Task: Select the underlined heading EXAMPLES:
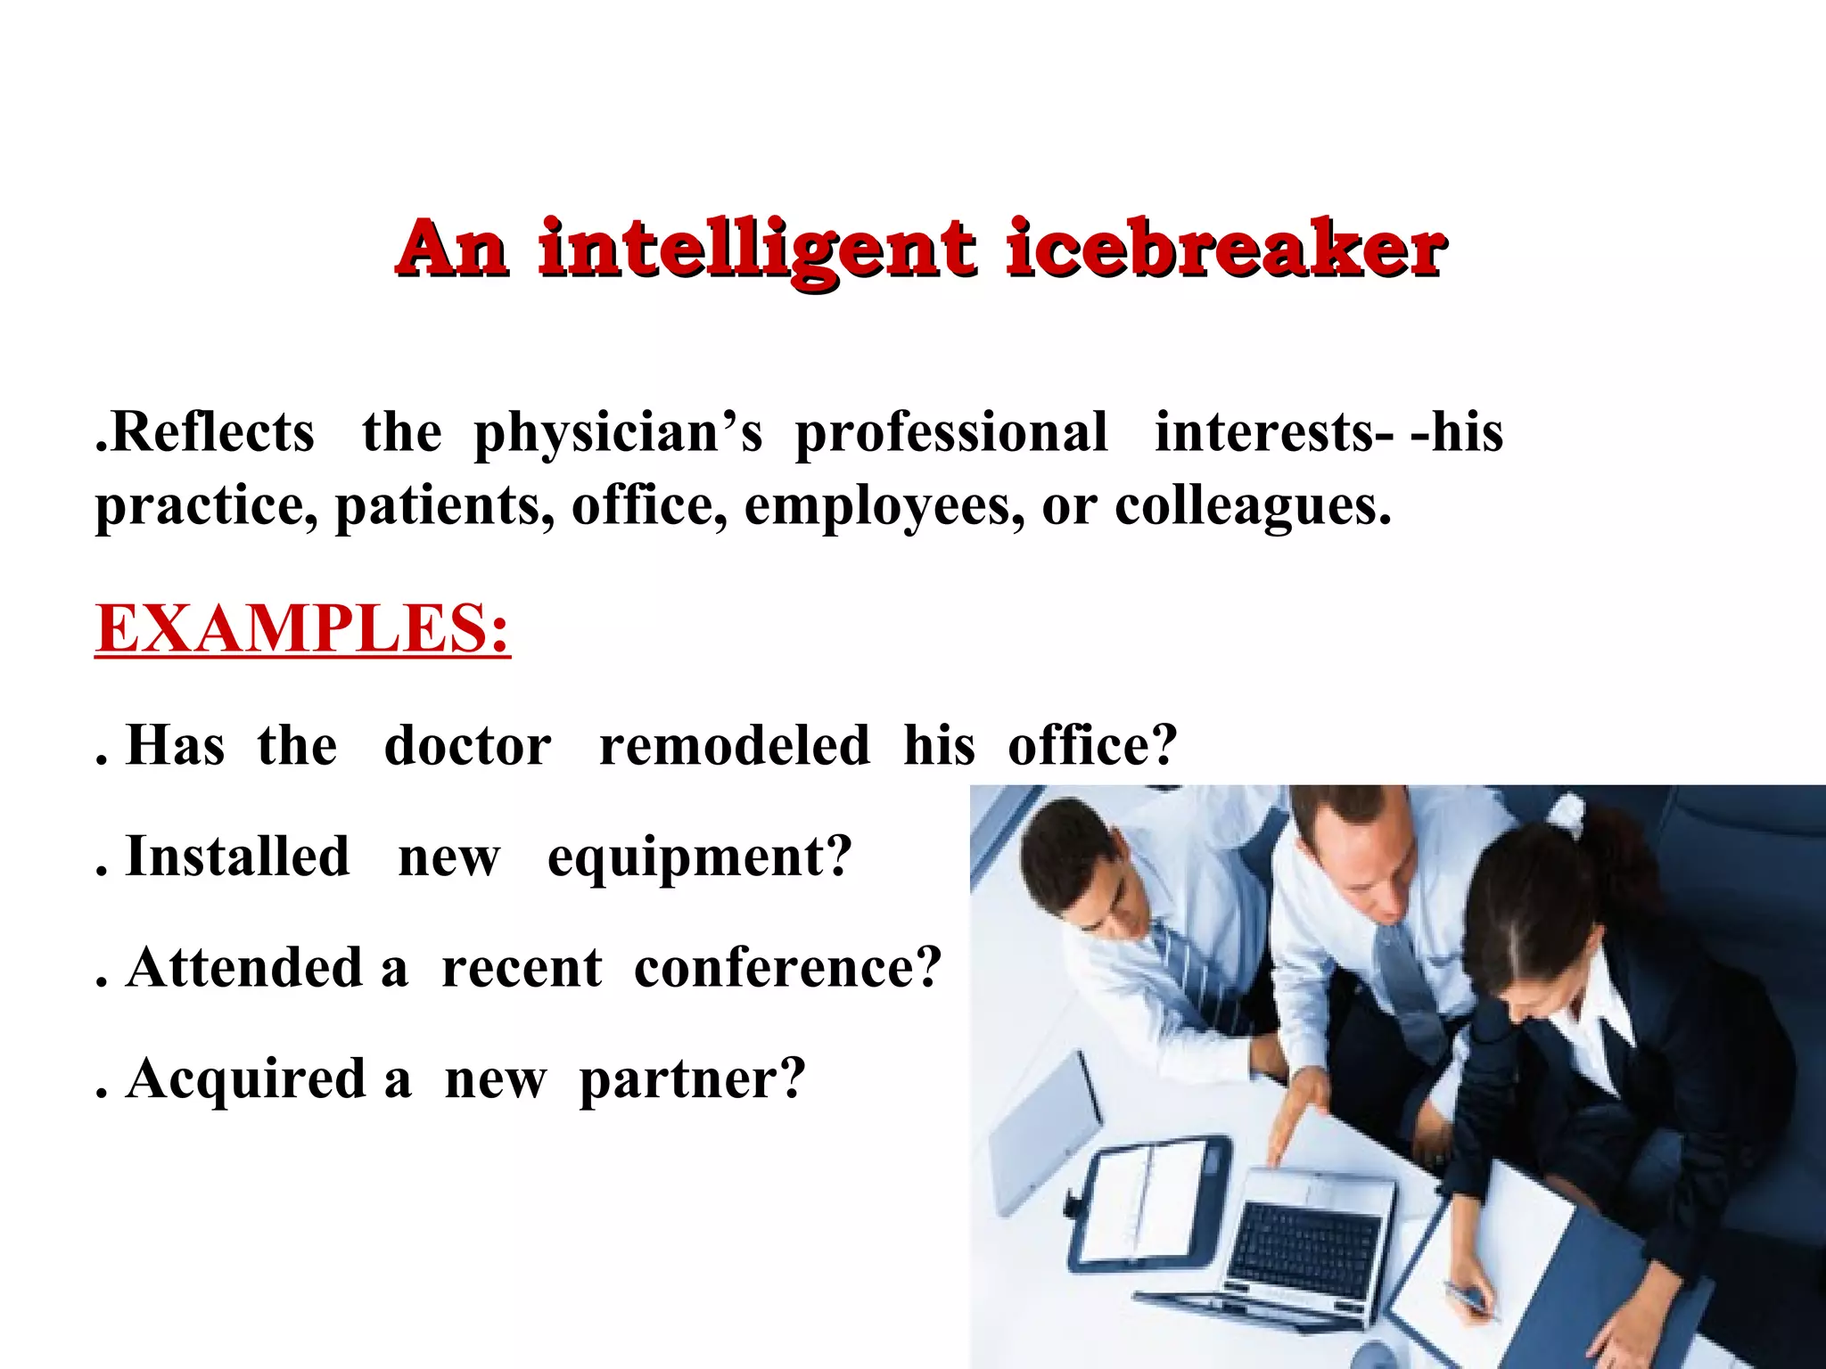[x=302, y=629]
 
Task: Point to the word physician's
[x=618, y=434]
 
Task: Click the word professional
[x=950, y=434]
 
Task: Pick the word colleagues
[x=1253, y=506]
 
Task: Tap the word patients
[x=444, y=506]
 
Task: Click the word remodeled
[x=734, y=745]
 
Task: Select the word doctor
[x=467, y=745]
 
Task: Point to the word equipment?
[x=700, y=857]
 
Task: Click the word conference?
[x=787, y=968]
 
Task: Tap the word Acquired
[x=246, y=1079]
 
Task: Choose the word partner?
[x=692, y=1081]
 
